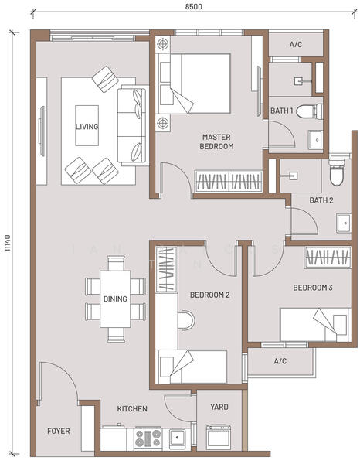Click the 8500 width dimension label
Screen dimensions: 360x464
tap(194, 6)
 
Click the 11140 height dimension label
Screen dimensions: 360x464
tap(8, 244)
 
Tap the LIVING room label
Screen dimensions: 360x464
tap(87, 127)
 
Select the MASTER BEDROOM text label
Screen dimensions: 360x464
tap(216, 142)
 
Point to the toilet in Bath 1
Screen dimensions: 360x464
tap(310, 111)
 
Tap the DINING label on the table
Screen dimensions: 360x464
tap(115, 299)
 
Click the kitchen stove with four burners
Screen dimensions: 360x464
tap(148, 438)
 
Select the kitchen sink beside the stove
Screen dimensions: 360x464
tap(178, 437)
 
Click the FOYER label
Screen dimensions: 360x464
tap(59, 431)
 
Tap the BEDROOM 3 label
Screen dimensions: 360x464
tap(313, 288)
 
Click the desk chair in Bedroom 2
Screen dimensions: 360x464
tap(186, 320)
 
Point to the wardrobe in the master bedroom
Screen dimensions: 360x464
tap(229, 181)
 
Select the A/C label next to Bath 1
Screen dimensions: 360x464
tap(296, 45)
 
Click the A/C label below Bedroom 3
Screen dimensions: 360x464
tap(280, 361)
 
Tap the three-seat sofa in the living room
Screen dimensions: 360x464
tap(132, 125)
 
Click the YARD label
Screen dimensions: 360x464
tap(219, 407)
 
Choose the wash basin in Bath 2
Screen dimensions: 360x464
tap(344, 223)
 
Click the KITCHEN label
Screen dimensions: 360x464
tap(132, 408)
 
